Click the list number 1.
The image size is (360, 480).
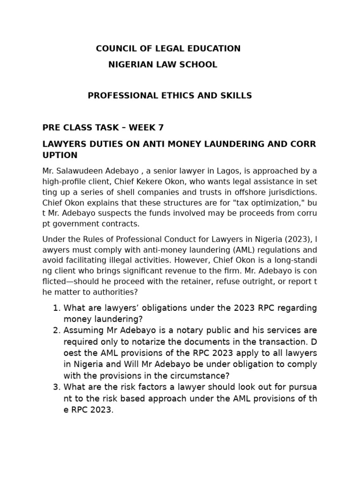coord(56,308)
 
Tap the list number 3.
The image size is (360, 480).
coord(56,387)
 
